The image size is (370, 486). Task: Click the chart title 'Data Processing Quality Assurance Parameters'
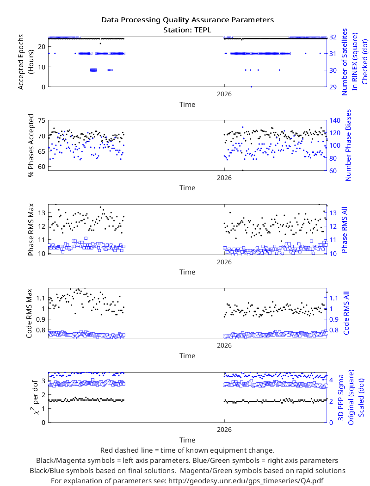point(187,20)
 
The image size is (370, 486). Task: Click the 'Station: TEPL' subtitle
point(187,30)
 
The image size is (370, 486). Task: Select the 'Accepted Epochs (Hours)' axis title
point(25,62)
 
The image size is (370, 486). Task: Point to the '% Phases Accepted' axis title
point(31,145)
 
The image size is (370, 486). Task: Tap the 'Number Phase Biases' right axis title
point(348,145)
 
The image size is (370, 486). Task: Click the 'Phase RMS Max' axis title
point(31,230)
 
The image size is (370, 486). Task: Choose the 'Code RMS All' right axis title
point(346,313)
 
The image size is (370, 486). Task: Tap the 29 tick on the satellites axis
point(333,87)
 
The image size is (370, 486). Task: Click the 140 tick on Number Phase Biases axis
point(335,120)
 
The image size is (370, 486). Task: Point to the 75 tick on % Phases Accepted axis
point(42,120)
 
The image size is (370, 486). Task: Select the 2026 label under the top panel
point(224,94)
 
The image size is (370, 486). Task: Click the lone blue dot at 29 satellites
point(252,87)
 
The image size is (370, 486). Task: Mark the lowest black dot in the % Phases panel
point(243,170)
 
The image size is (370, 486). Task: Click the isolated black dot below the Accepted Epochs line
point(100,44)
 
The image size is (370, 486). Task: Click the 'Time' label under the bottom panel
point(187,440)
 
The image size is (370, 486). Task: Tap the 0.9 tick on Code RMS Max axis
point(41,319)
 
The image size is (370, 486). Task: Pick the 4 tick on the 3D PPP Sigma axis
point(331,380)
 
